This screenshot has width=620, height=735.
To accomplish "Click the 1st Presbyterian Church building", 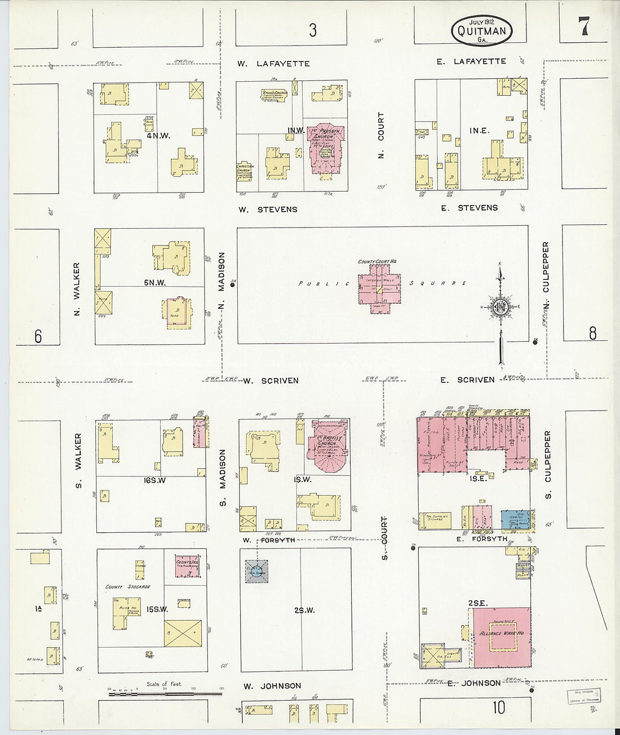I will (x=325, y=149).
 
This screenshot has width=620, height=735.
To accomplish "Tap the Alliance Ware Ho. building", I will (x=501, y=637).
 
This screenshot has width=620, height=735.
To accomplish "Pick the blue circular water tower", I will (x=256, y=573).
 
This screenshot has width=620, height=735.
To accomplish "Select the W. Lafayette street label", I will (x=273, y=64).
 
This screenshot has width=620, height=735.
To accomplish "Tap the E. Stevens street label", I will (x=470, y=208).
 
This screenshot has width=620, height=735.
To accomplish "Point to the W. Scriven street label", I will (x=271, y=381).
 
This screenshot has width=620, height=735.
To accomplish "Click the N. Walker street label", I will (x=77, y=289).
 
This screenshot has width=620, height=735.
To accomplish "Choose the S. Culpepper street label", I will (x=547, y=465).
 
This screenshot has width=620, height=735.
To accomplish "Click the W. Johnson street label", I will (x=272, y=686).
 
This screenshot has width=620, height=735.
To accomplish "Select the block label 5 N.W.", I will (x=154, y=283).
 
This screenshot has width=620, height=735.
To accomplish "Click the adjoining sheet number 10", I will (x=499, y=707).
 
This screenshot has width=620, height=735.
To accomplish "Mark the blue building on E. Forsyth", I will (x=514, y=519).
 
